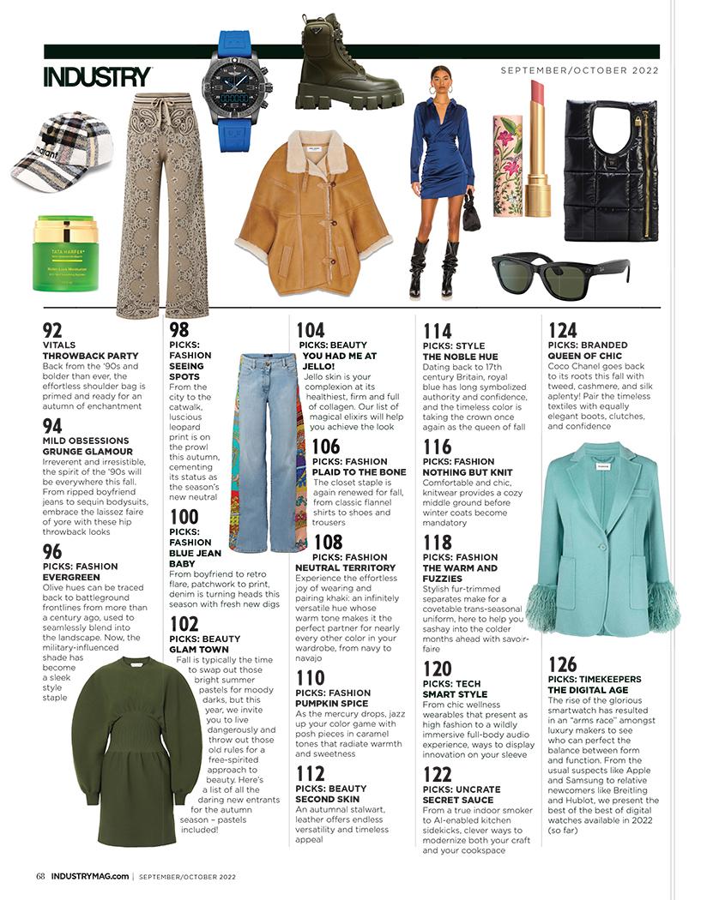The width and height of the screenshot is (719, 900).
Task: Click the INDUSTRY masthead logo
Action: (x=97, y=76)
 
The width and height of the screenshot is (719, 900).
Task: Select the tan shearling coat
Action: (x=314, y=211)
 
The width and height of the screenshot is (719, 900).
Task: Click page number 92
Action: (x=52, y=330)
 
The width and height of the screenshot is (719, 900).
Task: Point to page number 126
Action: (x=562, y=665)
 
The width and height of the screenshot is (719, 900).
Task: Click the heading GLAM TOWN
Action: (x=204, y=650)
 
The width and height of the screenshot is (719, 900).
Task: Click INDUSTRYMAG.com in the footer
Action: (x=90, y=876)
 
